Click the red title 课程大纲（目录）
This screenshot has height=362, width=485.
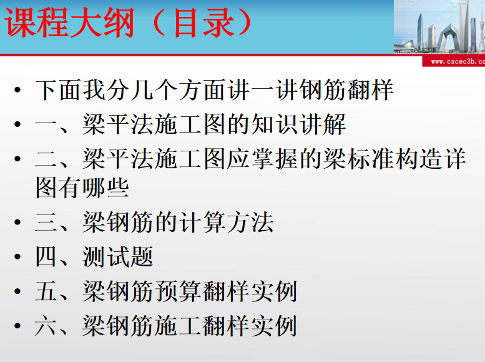pyautogui.click(x=128, y=23)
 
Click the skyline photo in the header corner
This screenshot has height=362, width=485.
pyautogui.click(x=439, y=27)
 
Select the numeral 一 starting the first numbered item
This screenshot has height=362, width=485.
pyautogui.click(x=46, y=124)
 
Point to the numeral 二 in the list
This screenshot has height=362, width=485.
pyautogui.click(x=46, y=159)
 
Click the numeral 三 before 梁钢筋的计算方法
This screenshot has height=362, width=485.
pyautogui.click(x=46, y=222)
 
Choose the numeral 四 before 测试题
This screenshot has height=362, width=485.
pyautogui.click(x=46, y=256)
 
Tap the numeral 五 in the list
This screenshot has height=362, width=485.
pyautogui.click(x=46, y=291)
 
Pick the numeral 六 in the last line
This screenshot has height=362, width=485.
pyautogui.click(x=46, y=326)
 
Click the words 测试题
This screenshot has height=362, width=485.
pyautogui.click(x=118, y=256)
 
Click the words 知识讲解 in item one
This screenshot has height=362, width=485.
pyautogui.click(x=298, y=124)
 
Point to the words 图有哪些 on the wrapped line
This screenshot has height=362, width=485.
pyautogui.click(x=82, y=188)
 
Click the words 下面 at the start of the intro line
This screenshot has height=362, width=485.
pyautogui.click(x=59, y=90)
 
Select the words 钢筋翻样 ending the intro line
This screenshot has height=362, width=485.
pyautogui.click(x=346, y=90)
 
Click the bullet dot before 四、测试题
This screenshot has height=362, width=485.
pyautogui.click(x=17, y=256)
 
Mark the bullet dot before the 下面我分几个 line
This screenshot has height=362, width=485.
pyautogui.click(x=17, y=90)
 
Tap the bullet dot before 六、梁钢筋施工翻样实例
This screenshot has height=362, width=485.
pyautogui.click(x=17, y=326)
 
